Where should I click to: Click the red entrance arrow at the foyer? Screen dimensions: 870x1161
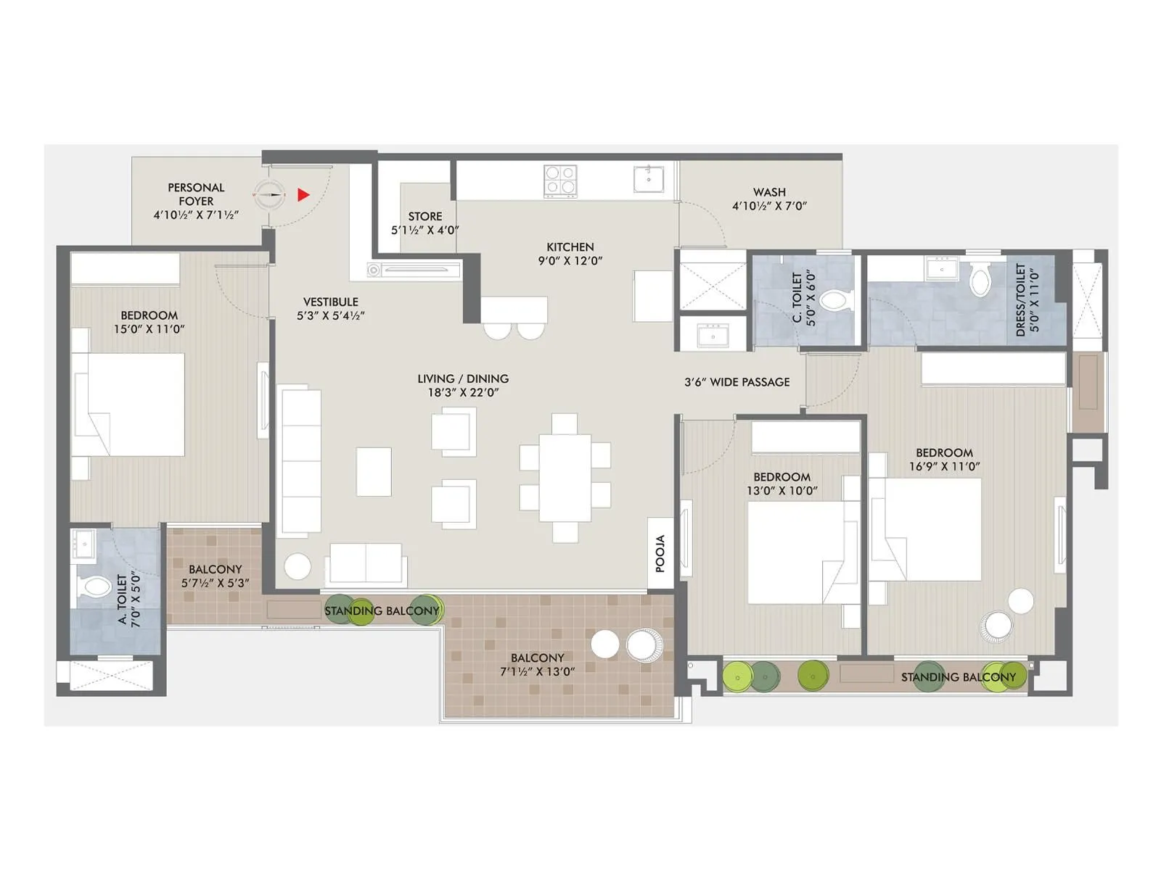(x=303, y=195)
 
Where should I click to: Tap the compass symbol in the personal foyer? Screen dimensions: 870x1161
(x=269, y=194)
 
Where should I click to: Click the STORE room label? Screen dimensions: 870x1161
(x=424, y=216)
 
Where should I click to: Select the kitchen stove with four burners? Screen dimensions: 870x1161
(x=560, y=181)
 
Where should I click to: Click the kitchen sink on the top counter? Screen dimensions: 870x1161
(x=648, y=178)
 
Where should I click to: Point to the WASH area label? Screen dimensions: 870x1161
(x=769, y=192)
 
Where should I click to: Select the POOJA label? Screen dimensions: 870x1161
(x=660, y=554)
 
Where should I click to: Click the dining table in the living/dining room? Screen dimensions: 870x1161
(x=565, y=477)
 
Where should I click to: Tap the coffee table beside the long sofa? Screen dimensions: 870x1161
(x=374, y=471)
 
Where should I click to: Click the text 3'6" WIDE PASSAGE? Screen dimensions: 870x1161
(x=737, y=382)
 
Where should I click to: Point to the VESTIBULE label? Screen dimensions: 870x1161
(x=330, y=302)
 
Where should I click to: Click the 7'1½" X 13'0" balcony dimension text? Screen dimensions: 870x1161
(x=537, y=672)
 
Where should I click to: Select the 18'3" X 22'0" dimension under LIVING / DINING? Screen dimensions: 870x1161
(x=463, y=393)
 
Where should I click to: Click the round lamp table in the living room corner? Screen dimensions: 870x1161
(x=298, y=566)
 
